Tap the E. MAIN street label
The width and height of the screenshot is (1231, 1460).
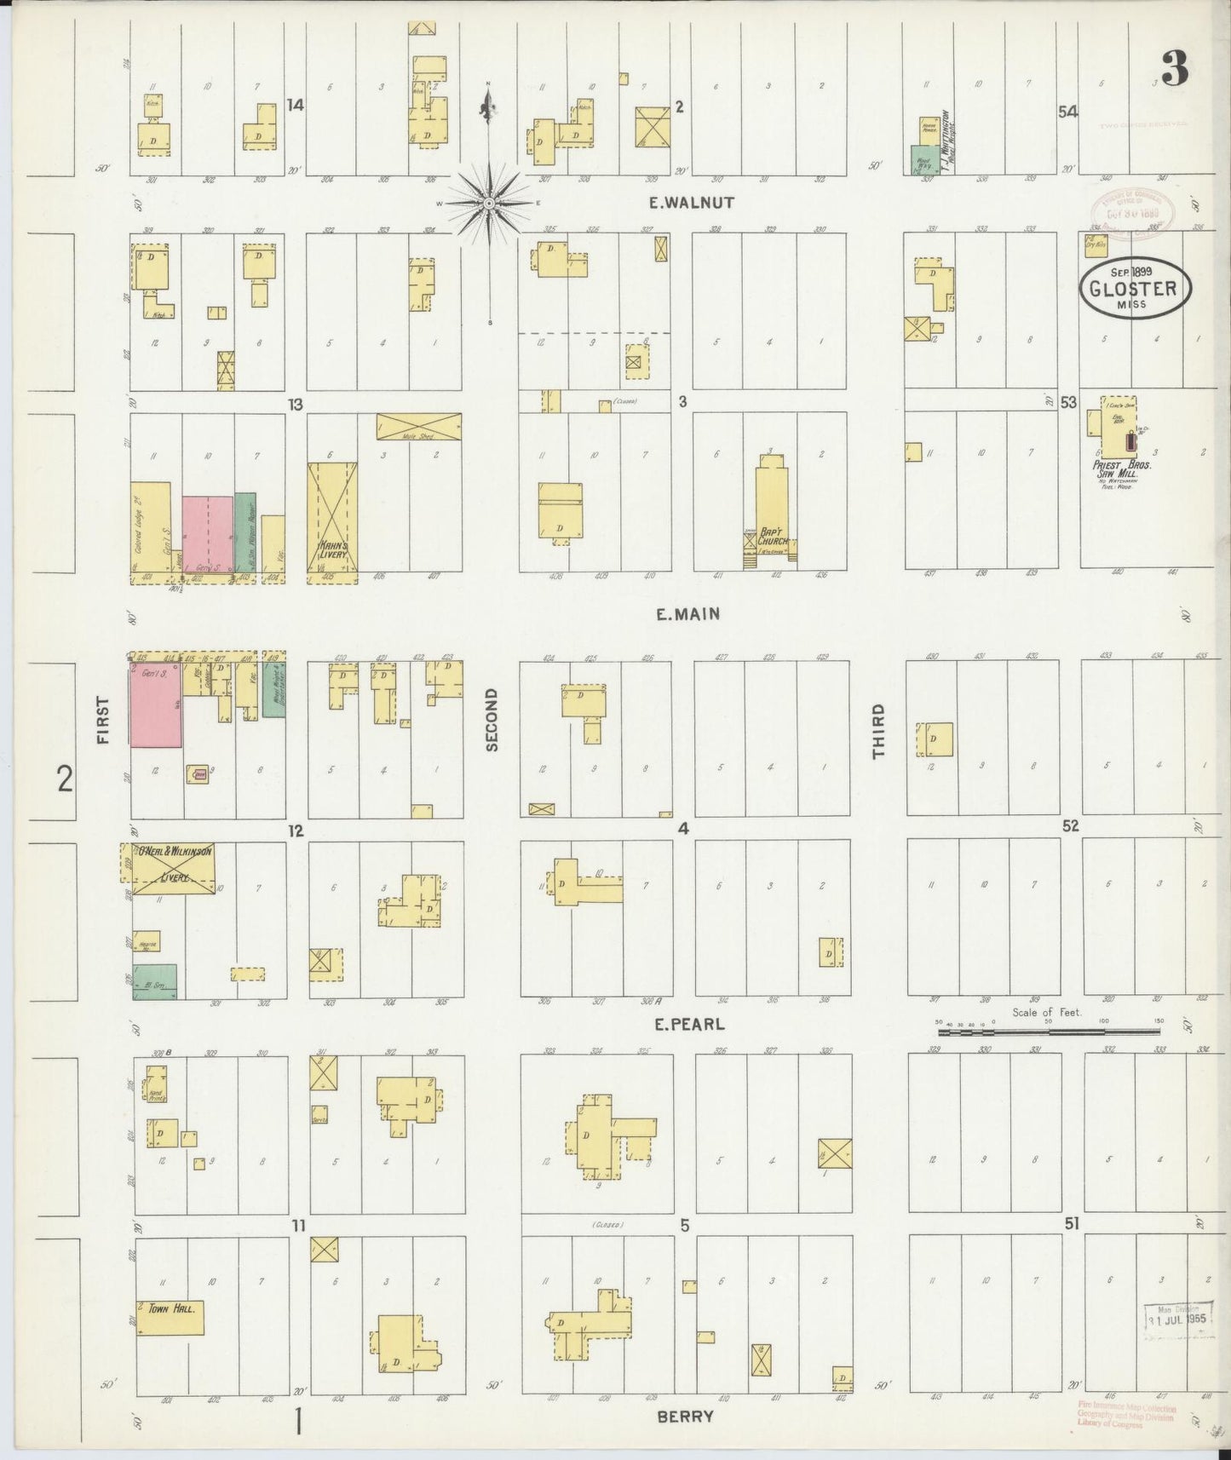(688, 612)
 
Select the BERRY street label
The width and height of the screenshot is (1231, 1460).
(685, 1416)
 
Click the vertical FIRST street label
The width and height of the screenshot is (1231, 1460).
(104, 721)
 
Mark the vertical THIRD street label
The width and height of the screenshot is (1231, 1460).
(878, 731)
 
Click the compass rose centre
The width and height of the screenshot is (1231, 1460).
(489, 203)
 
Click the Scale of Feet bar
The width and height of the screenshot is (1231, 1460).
(1047, 1032)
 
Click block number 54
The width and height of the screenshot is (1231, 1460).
(1067, 112)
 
